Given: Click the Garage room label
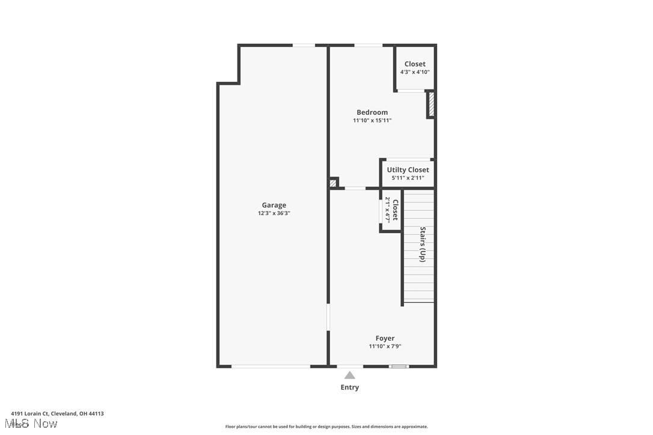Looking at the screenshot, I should [x=274, y=205].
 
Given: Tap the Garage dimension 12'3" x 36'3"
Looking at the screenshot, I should [x=274, y=213].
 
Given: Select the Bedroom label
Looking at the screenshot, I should [x=372, y=112].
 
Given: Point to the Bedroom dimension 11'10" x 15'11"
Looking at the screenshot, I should [x=372, y=121].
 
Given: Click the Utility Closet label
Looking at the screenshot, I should [x=408, y=170].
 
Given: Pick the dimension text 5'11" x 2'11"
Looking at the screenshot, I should [x=408, y=178].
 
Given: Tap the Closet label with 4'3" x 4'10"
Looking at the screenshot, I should [x=415, y=64].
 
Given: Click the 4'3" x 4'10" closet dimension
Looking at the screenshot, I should [x=415, y=72].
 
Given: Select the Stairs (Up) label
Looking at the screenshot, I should [x=423, y=244].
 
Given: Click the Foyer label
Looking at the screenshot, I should [x=385, y=338].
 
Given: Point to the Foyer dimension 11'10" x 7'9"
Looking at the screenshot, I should [x=385, y=346].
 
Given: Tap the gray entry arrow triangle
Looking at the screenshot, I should [x=349, y=375].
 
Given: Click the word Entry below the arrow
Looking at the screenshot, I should [x=349, y=388].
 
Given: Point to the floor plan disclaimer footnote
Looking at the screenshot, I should [x=326, y=427].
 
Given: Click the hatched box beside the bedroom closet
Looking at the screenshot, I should [x=431, y=105].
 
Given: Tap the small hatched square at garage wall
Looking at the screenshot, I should [x=333, y=183].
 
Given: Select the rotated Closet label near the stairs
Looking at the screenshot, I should [x=395, y=210].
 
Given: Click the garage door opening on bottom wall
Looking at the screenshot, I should [x=271, y=366].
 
